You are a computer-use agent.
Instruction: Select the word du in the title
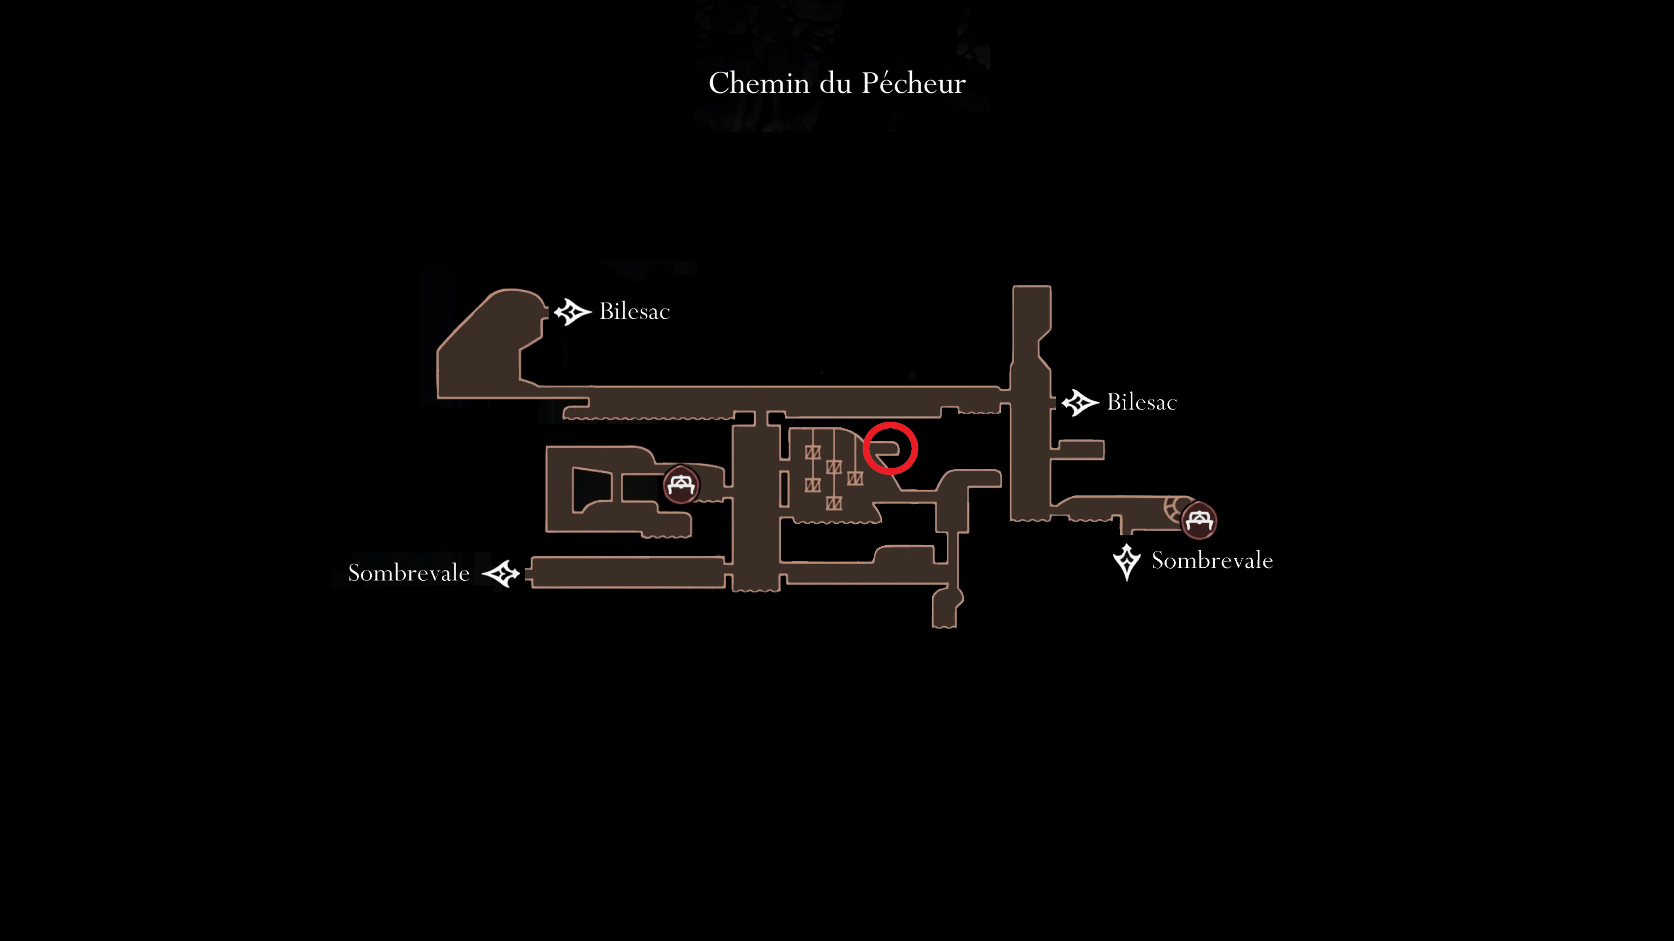(835, 83)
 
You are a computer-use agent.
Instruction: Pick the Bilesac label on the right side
(1142, 402)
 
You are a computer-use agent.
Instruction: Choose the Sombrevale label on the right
(1212, 560)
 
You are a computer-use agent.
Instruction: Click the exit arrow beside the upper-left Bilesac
(572, 312)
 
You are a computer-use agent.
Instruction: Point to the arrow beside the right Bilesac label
(1080, 403)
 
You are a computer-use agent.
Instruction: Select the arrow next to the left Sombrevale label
(501, 573)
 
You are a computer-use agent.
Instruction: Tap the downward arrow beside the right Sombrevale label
(1127, 562)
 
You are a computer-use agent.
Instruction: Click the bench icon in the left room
(680, 484)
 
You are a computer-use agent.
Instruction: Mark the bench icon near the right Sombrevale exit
(1198, 520)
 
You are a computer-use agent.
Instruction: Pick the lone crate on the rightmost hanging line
(855, 479)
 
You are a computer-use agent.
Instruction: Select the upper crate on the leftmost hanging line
(812, 452)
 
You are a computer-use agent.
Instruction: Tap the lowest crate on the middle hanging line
(834, 503)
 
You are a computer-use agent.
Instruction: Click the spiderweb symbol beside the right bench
(1173, 510)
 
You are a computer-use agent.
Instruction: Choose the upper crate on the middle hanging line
(834, 467)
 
